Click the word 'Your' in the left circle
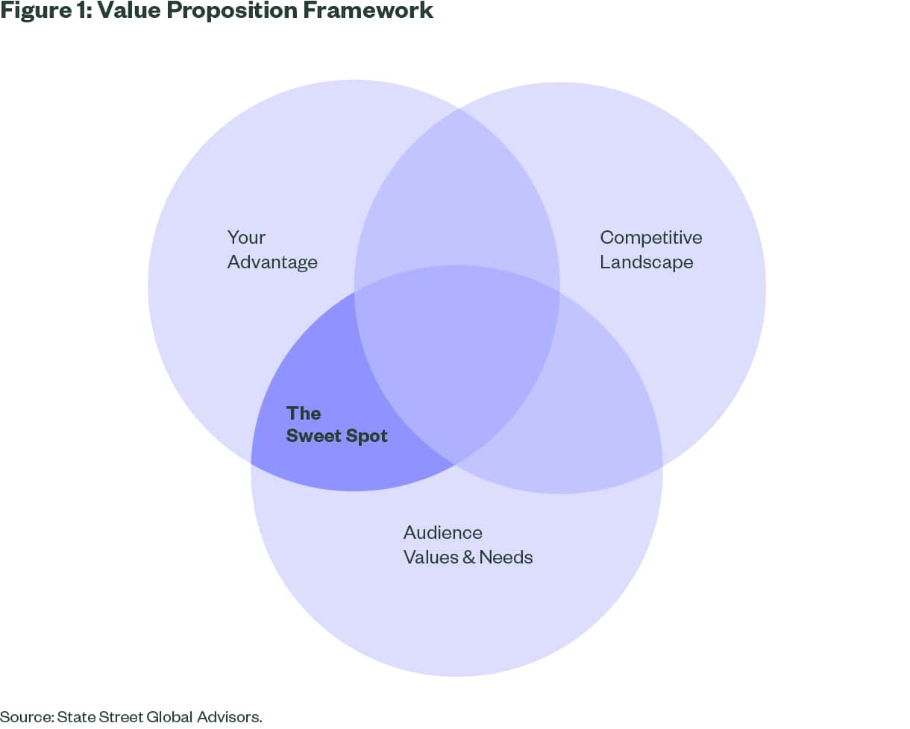coord(246,238)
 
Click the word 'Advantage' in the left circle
coord(272,262)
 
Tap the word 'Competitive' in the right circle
coord(651,238)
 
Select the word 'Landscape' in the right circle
coord(647,262)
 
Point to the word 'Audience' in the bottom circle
coord(443,533)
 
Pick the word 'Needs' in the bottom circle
coord(506,558)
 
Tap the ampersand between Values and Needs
coord(468,558)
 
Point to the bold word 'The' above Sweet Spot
coord(304,413)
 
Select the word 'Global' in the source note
coord(169,717)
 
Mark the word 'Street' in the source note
coord(119,717)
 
